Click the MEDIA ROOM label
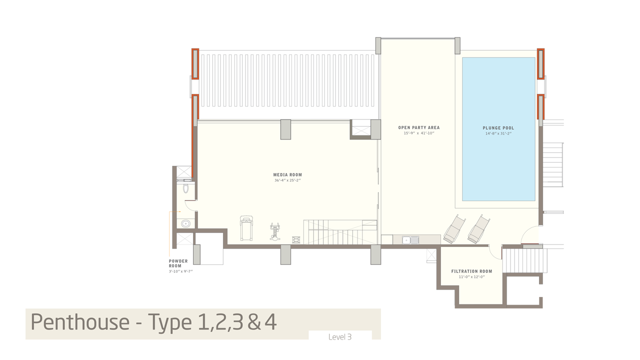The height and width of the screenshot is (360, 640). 287,174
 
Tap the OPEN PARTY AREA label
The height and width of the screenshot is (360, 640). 419,127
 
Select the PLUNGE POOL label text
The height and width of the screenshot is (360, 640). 498,128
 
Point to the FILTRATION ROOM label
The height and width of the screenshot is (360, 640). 471,271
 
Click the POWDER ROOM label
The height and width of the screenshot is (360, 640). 178,263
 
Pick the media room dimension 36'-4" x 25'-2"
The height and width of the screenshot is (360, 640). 287,180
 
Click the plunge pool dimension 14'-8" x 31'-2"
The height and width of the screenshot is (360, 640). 498,133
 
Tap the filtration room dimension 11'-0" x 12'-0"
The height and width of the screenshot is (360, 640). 471,277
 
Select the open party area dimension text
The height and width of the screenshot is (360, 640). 419,133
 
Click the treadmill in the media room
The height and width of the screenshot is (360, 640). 246,228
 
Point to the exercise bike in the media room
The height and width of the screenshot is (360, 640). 275,231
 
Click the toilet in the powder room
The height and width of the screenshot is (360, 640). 185,188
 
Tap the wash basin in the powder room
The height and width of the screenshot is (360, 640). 185,223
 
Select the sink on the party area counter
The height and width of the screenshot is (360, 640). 410,240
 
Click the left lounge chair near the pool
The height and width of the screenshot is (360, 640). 454,229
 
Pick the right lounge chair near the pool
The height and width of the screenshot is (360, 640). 479,229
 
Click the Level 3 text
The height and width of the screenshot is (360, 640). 340,337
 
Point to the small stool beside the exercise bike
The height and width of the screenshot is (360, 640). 296,239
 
